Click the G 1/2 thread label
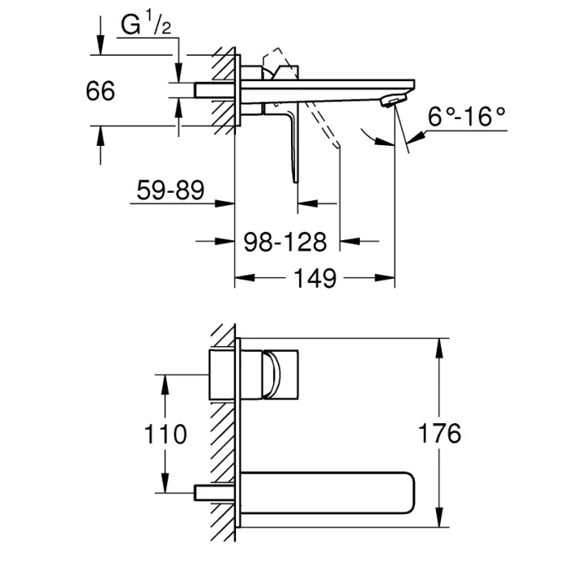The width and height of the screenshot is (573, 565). [x=146, y=24]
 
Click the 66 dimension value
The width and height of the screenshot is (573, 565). [x=100, y=91]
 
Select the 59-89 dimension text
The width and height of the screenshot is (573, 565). [x=171, y=190]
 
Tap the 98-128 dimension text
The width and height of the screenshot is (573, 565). [x=285, y=242]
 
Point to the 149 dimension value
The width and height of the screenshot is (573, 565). [x=315, y=278]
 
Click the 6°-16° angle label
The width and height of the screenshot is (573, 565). [x=466, y=116]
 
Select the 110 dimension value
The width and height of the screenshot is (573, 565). [x=165, y=434]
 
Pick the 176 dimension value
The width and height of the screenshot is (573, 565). [x=439, y=433]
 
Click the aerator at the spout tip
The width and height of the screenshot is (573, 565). [x=393, y=100]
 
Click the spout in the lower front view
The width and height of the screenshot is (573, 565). [x=327, y=493]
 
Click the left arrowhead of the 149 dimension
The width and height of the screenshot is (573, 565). [x=244, y=278]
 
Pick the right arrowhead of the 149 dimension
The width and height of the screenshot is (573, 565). [x=384, y=278]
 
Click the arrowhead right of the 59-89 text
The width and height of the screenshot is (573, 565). [x=224, y=203]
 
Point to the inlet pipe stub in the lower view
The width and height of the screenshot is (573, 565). [x=214, y=493]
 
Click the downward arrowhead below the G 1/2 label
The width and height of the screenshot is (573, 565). [x=179, y=73]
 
